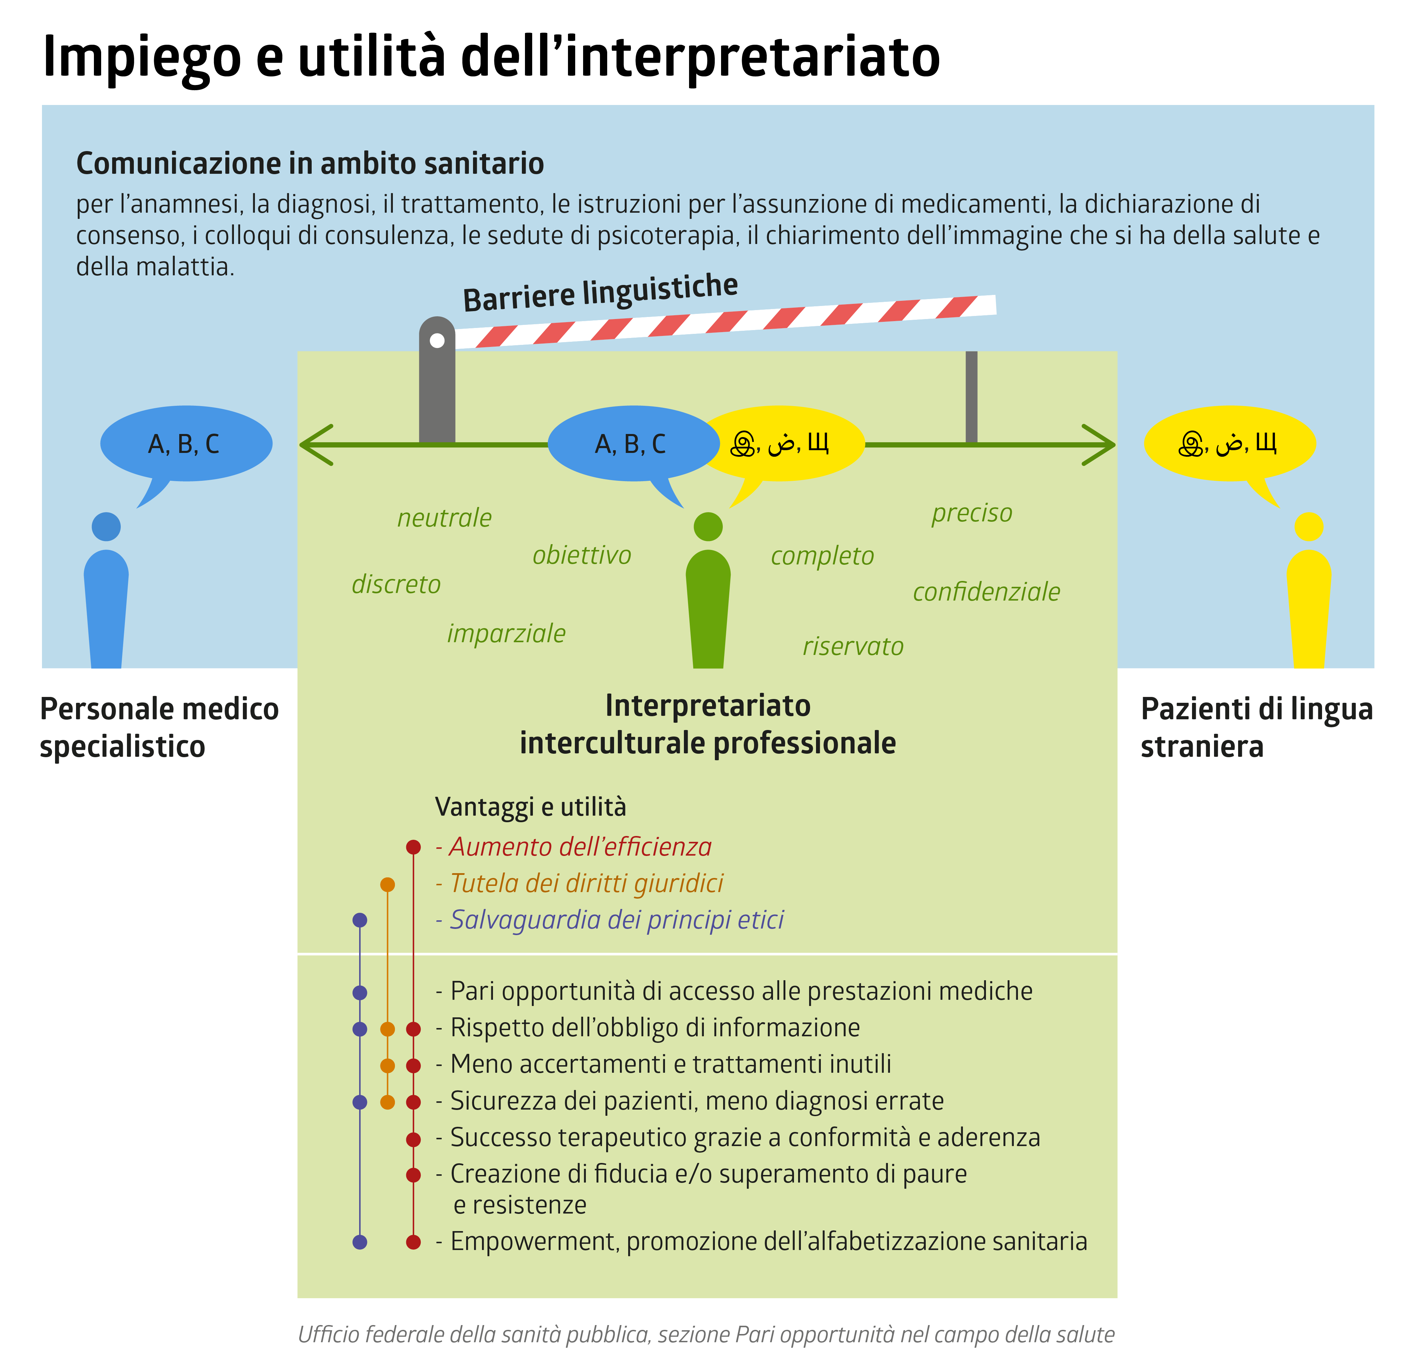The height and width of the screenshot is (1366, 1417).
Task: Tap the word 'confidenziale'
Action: pos(986,592)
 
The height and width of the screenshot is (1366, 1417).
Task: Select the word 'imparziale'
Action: pos(506,634)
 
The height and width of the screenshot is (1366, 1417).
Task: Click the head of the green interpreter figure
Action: pos(708,527)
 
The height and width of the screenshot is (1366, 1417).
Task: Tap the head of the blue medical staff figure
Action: pos(106,527)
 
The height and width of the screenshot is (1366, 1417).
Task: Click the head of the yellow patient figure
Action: pos(1309,527)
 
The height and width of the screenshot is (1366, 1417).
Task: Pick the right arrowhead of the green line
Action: pos(1099,444)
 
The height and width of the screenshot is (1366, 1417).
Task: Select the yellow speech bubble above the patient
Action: pos(1229,443)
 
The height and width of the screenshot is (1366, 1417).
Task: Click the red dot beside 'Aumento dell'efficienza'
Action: pos(413,847)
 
